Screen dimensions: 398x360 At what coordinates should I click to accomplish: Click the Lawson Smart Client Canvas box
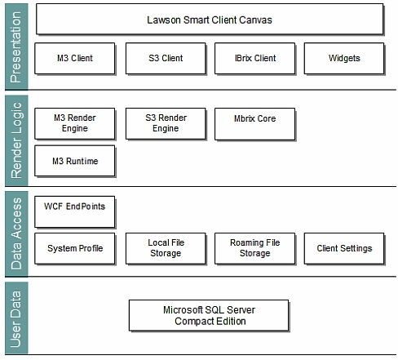pyautogui.click(x=210, y=19)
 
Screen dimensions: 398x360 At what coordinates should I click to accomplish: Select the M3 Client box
pyautogui.click(x=75, y=58)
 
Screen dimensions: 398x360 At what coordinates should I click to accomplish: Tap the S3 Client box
pyautogui.click(x=166, y=58)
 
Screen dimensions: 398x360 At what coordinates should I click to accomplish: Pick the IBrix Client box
pyautogui.click(x=255, y=58)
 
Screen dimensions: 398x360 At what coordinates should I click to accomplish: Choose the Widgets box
pyautogui.click(x=344, y=58)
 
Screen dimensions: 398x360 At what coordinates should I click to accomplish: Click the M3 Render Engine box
pyautogui.click(x=75, y=123)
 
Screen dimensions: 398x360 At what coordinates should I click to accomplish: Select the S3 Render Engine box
pyautogui.click(x=166, y=123)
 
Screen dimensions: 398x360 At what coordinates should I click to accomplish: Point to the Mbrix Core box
pyautogui.click(x=255, y=124)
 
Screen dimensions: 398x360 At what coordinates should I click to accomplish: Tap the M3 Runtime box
pyautogui.click(x=75, y=161)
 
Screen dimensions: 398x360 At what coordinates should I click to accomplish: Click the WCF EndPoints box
pyautogui.click(x=75, y=211)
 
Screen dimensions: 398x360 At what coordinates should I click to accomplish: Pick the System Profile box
pyautogui.click(x=75, y=248)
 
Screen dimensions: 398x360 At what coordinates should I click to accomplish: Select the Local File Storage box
pyautogui.click(x=166, y=248)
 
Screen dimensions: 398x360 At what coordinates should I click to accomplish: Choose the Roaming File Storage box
pyautogui.click(x=255, y=248)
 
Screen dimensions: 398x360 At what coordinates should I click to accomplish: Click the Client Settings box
pyautogui.click(x=344, y=248)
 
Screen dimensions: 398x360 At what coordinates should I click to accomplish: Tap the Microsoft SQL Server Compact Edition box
pyautogui.click(x=209, y=315)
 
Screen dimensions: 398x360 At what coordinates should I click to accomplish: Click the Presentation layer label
pyautogui.click(x=16, y=47)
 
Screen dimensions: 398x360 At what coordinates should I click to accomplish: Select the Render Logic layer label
pyautogui.click(x=16, y=140)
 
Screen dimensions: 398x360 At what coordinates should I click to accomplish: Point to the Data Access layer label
pyautogui.click(x=16, y=233)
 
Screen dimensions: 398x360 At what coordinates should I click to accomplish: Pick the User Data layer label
pyautogui.click(x=16, y=318)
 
